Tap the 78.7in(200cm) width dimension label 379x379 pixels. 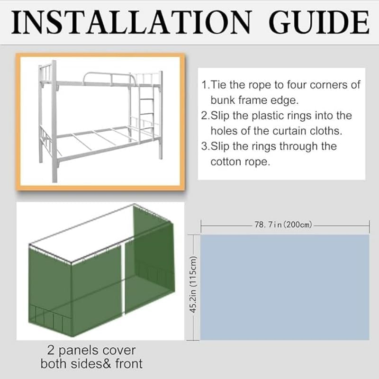283,225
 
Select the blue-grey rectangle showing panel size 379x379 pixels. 284,287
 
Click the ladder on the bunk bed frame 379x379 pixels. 148,116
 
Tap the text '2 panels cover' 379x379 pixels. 91,351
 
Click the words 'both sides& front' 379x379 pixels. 91,364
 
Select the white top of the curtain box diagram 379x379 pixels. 90,232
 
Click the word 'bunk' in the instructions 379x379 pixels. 225,100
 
